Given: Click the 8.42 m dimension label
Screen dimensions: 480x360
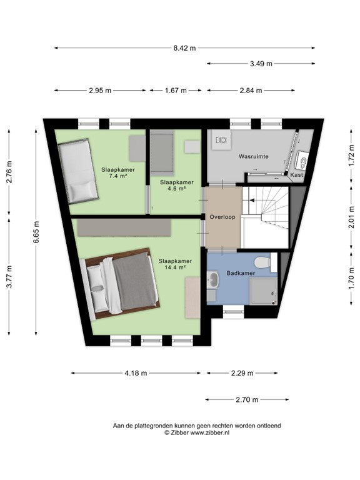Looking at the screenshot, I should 184,47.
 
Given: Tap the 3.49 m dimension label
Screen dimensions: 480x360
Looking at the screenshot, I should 261,63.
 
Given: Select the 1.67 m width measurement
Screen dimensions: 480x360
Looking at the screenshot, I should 176,91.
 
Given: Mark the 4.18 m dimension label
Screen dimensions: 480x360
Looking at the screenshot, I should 136,373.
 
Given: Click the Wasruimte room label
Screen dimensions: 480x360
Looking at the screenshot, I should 253,157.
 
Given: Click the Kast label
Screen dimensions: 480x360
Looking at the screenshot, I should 297,175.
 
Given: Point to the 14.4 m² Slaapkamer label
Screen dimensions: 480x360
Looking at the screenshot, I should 174,264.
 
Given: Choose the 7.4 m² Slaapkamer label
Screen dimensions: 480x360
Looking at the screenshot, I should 118,172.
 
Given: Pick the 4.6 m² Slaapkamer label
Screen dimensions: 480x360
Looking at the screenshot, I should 176,185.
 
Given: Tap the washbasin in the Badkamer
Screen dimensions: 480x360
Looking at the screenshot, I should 213,279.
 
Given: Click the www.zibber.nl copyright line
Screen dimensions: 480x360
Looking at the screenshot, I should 197,432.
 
